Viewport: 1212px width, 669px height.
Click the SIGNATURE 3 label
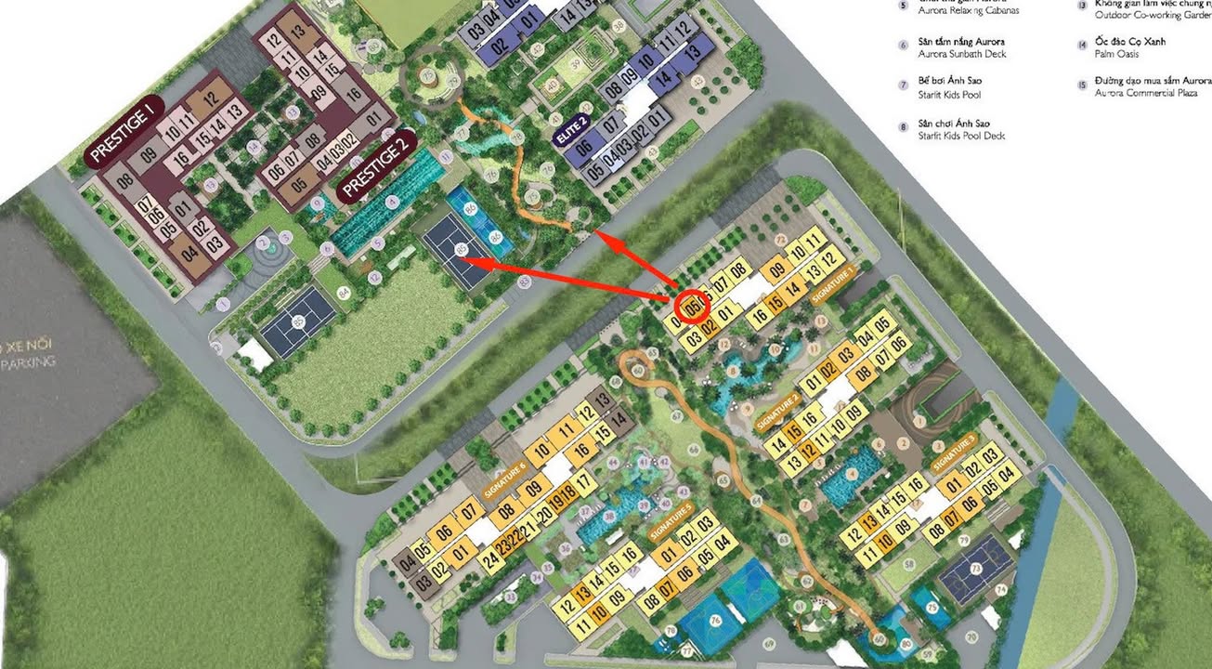[x=955, y=453]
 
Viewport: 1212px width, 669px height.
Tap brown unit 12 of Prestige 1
[x=209, y=98]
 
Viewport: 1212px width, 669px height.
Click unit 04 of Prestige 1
[x=189, y=251]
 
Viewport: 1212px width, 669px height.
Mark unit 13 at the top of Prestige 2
[x=298, y=31]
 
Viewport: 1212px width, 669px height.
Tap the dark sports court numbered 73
[x=974, y=569]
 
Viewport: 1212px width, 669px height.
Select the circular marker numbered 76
[x=714, y=622]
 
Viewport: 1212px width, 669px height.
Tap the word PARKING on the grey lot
[x=28, y=363]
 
